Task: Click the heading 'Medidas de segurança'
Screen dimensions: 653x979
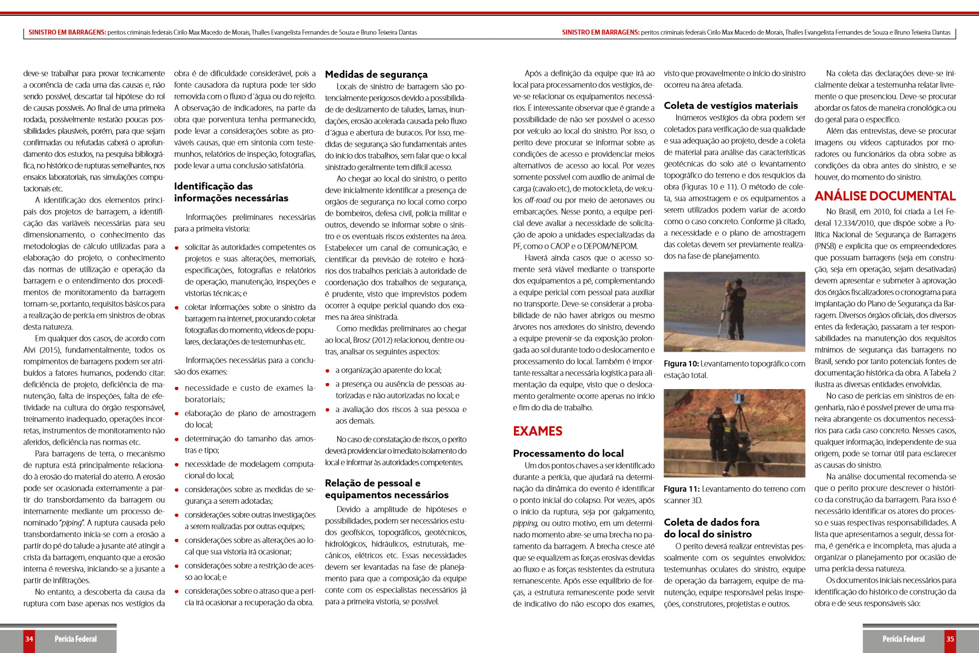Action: [376, 75]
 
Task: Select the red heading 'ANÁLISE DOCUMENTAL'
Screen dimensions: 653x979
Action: [885, 196]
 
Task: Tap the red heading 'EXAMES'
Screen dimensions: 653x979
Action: [537, 431]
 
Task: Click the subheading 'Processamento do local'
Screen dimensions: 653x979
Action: [568, 453]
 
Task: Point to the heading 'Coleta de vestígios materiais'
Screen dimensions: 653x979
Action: [731, 105]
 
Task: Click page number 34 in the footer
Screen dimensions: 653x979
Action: [29, 639]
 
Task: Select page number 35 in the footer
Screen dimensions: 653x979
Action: [950, 639]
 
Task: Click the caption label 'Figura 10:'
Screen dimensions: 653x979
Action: [681, 364]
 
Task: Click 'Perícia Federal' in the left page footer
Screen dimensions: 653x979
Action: [76, 639]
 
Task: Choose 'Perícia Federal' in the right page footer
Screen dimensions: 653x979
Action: [903, 639]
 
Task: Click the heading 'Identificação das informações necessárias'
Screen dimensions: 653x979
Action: [231, 192]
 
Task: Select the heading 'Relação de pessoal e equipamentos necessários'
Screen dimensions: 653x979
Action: [387, 489]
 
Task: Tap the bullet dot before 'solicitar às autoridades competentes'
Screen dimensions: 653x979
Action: [177, 248]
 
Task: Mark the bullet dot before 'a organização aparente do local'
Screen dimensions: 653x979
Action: [327, 371]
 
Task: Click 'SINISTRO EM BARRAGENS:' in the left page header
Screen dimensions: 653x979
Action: [67, 32]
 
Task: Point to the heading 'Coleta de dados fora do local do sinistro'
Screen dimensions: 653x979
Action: [711, 528]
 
